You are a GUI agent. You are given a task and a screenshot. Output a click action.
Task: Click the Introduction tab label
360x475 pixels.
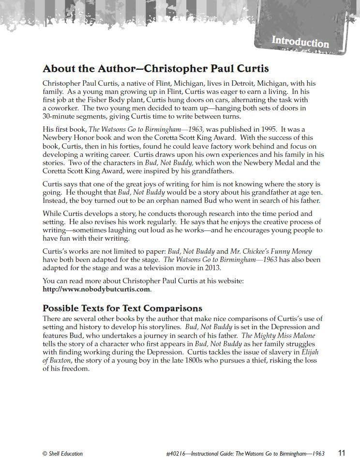click(x=300, y=41)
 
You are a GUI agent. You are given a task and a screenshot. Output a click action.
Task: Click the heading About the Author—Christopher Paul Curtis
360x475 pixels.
click(x=155, y=68)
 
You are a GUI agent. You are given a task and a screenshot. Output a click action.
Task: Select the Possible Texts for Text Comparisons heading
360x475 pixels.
click(x=122, y=308)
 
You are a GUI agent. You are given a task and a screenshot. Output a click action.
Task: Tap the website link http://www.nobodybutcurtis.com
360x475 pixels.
click(x=96, y=289)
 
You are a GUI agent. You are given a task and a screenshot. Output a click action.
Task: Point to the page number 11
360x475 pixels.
click(x=342, y=453)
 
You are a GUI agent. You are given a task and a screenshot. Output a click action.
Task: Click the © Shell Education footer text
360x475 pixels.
click(x=62, y=454)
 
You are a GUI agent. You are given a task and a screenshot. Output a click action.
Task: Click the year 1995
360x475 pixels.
click(x=264, y=130)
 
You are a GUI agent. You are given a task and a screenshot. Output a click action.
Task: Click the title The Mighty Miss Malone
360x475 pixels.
click(x=278, y=335)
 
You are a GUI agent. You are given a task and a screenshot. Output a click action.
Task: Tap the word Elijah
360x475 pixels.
click(x=313, y=352)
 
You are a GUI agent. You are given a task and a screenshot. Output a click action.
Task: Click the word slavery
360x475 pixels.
click(x=273, y=352)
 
